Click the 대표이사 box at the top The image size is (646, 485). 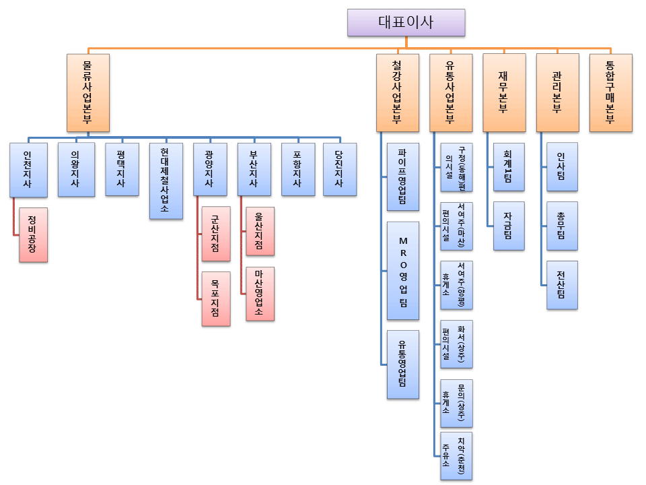[406, 22]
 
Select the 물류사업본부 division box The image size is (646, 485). [88, 92]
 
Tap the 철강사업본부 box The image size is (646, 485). [397, 92]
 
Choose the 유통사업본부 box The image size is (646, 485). [450, 92]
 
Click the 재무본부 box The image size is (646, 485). [503, 92]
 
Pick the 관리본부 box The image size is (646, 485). [557, 92]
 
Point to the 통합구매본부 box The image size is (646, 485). [610, 92]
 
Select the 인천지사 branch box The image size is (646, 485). [29, 169]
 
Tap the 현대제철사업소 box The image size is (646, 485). [166, 181]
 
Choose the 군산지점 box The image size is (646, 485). [215, 233]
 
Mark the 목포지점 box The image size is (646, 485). [215, 298]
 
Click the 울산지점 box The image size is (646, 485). [260, 231]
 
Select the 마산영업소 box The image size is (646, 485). [260, 294]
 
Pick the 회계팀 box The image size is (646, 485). [508, 167]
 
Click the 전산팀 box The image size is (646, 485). [562, 285]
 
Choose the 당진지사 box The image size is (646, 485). [339, 169]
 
